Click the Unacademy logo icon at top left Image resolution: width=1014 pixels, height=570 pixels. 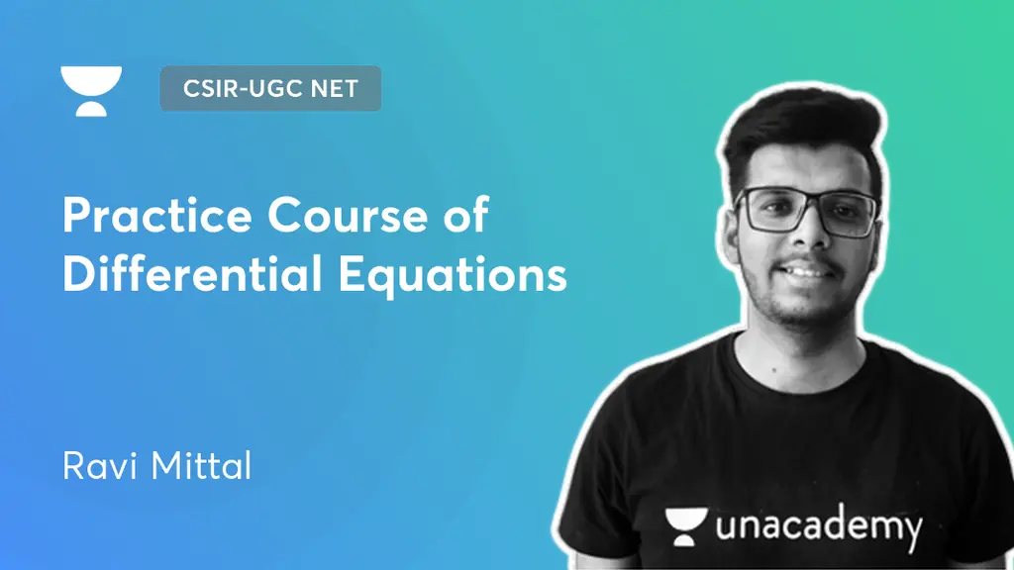[91, 91]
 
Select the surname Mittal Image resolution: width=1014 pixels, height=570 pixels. [203, 464]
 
